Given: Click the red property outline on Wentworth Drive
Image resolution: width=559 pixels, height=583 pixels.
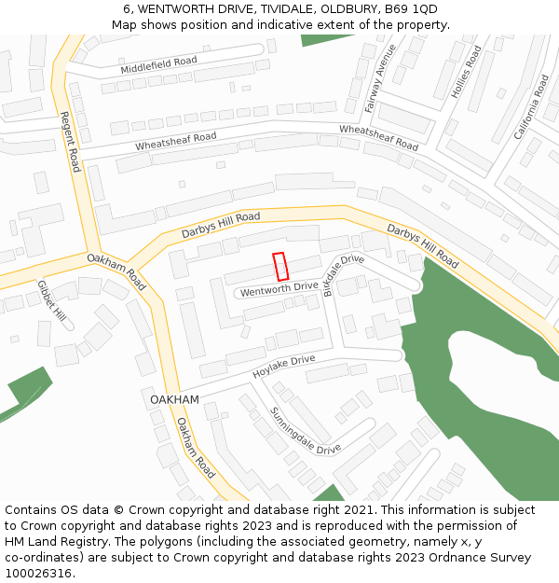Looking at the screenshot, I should [279, 267].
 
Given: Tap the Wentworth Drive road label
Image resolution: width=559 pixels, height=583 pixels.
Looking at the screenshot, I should [279, 291].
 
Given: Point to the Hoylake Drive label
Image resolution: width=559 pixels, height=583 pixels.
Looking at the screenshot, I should [284, 367].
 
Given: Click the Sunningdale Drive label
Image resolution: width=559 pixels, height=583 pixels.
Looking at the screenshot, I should [306, 430].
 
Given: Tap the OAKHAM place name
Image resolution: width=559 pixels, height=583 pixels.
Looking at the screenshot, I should [174, 399].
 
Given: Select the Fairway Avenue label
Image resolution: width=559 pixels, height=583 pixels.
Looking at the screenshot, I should [381, 78].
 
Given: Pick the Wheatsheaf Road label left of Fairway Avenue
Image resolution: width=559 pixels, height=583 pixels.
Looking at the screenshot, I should [176, 142].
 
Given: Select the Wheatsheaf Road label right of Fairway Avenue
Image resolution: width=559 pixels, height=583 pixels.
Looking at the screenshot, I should [378, 137].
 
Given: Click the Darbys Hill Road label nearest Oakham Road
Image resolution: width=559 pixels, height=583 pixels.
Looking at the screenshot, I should [221, 224].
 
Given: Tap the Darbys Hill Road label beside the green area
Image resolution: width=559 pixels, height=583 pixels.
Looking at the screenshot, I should [422, 244].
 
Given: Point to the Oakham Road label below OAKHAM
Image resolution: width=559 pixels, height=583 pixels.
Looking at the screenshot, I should [196, 448].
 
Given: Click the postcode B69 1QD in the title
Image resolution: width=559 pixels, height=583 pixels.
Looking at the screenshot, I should [411, 9].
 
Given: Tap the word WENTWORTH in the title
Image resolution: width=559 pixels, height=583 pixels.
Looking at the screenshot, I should [176, 9].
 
